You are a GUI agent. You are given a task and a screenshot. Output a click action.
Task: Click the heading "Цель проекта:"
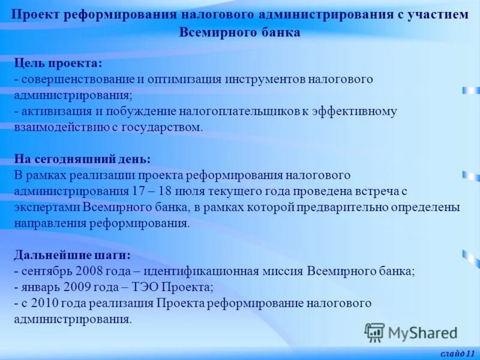point(58,63)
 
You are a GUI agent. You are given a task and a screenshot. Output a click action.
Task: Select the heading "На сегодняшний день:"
point(82,159)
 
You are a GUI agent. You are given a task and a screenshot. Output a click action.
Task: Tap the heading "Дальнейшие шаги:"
point(72,254)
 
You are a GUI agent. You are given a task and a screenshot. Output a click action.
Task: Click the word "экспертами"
point(47,207)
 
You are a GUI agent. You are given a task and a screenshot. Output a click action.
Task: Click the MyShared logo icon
point(374,332)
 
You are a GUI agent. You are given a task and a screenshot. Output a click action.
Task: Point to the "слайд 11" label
point(457,353)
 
